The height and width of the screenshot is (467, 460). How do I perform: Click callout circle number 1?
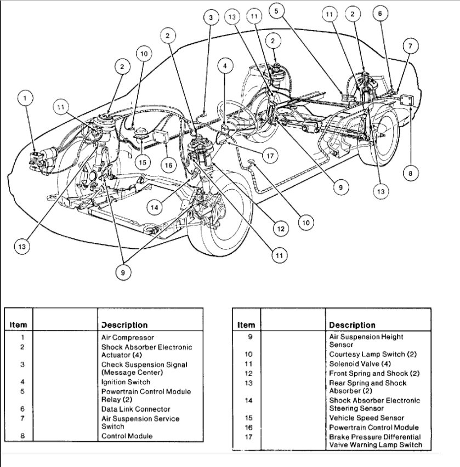25,99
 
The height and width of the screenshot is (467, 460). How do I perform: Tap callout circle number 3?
211,18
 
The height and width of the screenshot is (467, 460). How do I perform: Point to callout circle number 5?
277,10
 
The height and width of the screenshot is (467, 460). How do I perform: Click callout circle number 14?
156,207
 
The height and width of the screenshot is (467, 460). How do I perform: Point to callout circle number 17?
269,155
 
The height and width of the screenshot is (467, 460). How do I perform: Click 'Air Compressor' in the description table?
128,338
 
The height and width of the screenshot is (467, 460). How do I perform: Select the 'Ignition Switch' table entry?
125,382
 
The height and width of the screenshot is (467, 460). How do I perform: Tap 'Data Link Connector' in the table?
135,409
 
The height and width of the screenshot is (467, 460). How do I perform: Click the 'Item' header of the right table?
246,325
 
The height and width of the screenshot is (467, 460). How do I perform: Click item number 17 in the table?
248,437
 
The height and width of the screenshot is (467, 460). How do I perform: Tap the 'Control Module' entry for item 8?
127,436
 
